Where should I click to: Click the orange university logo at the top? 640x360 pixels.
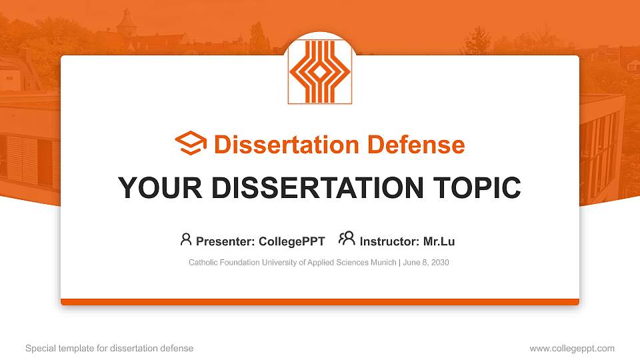tap(319, 72)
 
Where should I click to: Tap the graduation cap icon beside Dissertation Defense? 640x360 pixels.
tap(191, 144)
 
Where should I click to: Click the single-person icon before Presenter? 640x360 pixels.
tap(186, 239)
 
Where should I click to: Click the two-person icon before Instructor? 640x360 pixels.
tap(347, 239)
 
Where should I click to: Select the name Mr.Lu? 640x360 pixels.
tap(439, 241)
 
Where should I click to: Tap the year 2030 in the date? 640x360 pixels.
tap(440, 263)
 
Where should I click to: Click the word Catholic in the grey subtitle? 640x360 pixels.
tap(203, 263)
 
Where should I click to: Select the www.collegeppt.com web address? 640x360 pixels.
tap(572, 348)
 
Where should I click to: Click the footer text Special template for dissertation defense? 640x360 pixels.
tap(109, 348)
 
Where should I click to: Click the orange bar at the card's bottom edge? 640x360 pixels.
tap(320, 302)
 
